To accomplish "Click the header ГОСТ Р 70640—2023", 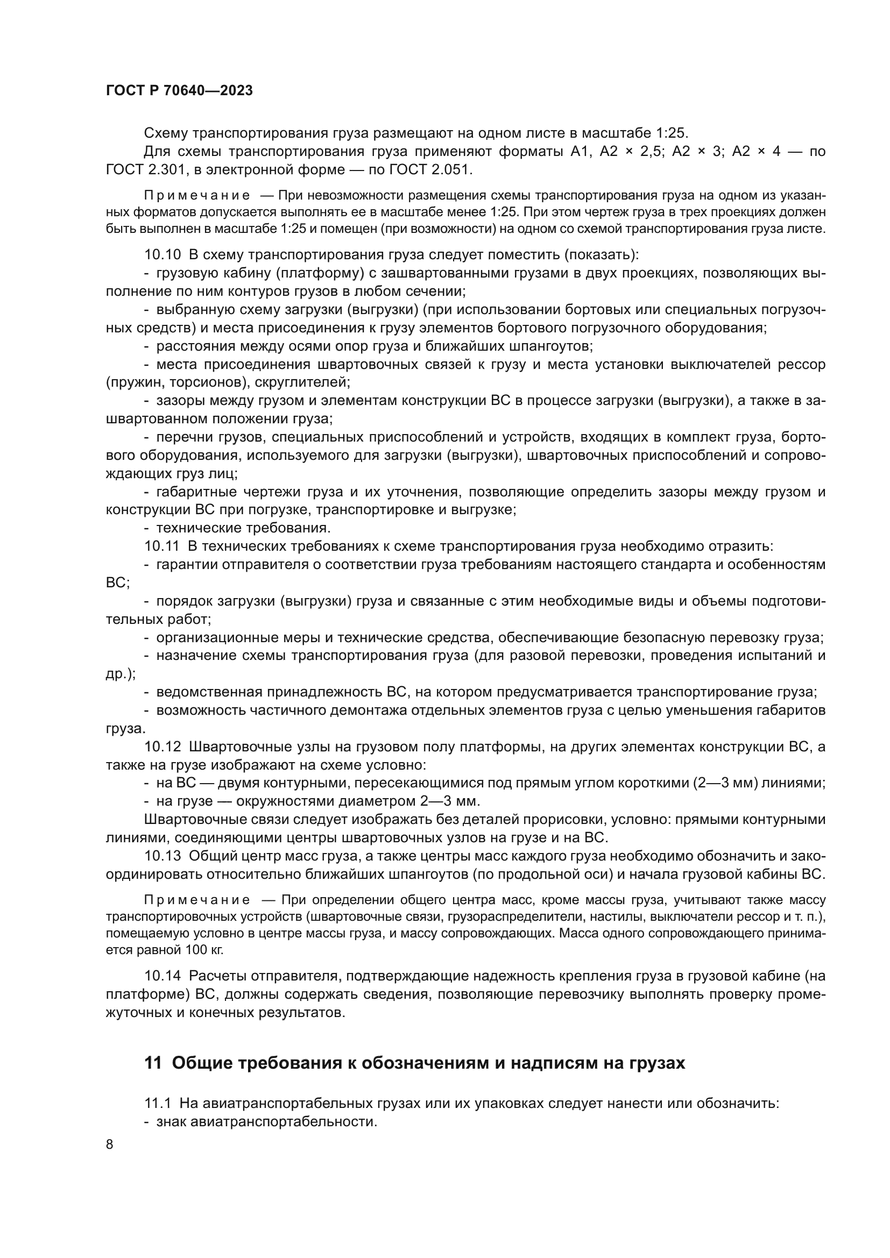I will coord(179,91).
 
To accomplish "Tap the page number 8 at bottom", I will coord(110,1144).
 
